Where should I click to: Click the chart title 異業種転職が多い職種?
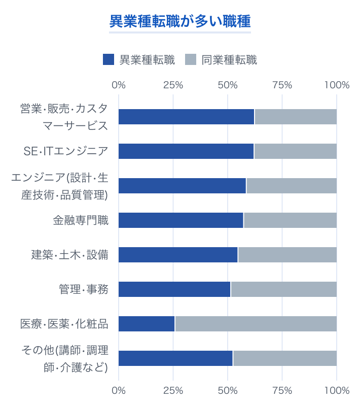180,22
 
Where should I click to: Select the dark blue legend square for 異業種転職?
109,60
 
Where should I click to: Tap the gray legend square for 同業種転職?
191,60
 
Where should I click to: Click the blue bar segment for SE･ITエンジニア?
186,151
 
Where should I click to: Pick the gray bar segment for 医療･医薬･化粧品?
256,324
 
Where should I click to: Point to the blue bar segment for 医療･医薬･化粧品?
147,324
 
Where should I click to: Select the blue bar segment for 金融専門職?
181,220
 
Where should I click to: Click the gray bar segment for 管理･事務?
283,289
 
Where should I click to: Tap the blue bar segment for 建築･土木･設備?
178,255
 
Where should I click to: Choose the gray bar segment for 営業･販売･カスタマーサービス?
296,117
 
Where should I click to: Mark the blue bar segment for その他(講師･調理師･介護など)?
175,358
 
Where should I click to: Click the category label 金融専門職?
81,220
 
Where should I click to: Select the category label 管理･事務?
84,289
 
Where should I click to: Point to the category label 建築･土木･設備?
70,255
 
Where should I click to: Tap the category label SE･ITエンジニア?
66,151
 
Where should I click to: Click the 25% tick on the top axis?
173,85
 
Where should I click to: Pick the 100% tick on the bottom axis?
337,390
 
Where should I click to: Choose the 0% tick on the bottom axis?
119,390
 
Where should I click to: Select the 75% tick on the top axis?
282,85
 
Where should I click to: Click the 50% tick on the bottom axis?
228,390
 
